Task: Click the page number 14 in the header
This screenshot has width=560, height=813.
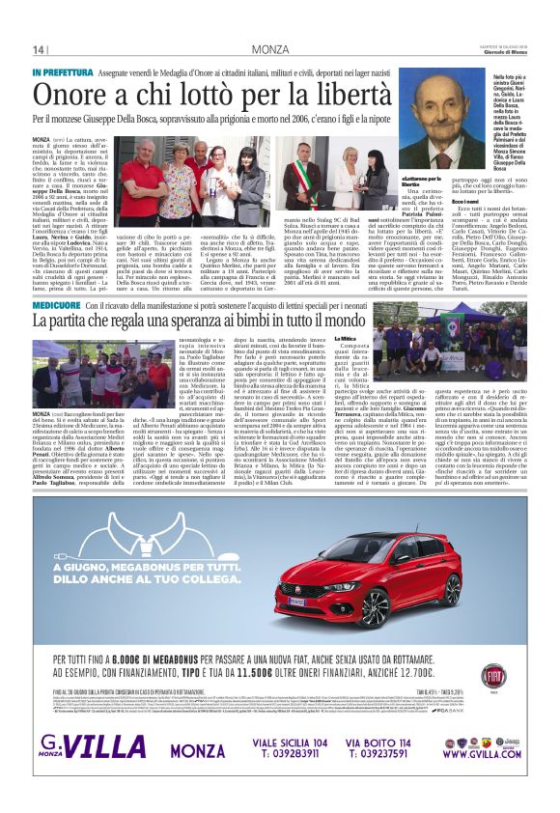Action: (39, 50)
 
